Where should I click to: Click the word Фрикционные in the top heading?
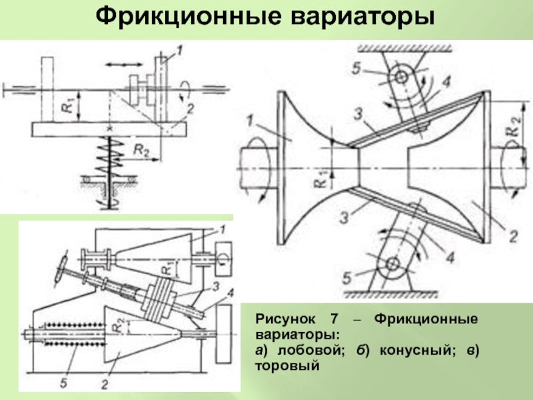[189, 16]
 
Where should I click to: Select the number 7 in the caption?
[334, 319]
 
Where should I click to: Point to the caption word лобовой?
[309, 350]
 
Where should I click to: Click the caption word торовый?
[287, 366]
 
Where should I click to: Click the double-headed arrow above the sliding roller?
[124, 64]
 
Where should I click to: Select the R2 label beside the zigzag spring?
[141, 150]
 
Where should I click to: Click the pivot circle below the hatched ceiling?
[401, 77]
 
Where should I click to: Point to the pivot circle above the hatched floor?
[392, 264]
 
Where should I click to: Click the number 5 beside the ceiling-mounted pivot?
[356, 69]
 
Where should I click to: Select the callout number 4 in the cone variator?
[231, 293]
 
